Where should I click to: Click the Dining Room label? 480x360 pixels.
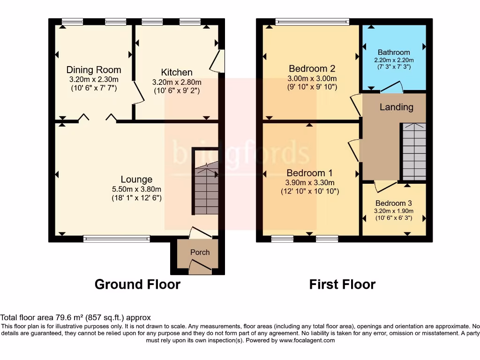[94, 70]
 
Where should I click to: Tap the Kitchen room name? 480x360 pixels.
[177, 72]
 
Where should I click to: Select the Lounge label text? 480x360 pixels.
[136, 179]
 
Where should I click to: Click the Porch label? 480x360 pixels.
[200, 252]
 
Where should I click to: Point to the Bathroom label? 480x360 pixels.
[394, 52]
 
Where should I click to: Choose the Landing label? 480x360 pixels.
[396, 107]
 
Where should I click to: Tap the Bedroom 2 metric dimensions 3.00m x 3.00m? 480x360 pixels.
[312, 79]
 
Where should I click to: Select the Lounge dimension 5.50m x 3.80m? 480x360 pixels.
[136, 189]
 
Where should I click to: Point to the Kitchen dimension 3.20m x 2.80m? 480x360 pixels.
[177, 82]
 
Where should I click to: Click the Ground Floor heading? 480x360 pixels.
[137, 285]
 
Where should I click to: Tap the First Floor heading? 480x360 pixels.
[342, 285]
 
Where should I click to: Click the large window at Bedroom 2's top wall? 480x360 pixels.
[312, 21]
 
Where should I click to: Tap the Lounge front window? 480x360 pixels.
[117, 239]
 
